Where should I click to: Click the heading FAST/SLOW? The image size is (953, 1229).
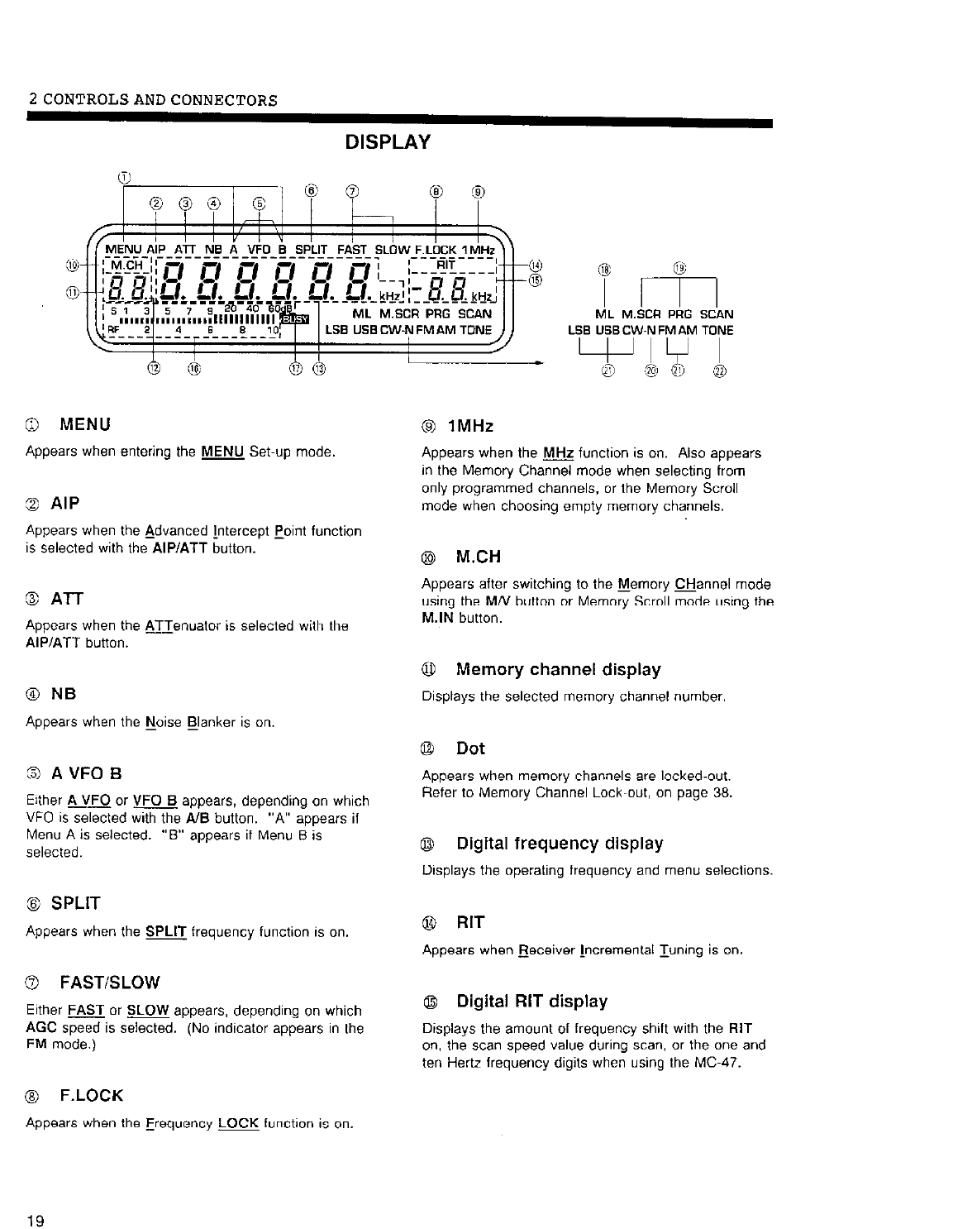(x=110, y=983)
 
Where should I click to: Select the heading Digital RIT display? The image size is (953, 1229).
(x=531, y=1002)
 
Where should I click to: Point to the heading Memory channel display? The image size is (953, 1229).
(x=558, y=669)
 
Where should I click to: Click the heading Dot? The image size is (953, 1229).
(x=470, y=748)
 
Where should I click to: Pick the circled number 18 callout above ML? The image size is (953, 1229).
(x=606, y=270)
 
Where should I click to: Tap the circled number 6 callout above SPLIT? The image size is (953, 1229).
(x=311, y=190)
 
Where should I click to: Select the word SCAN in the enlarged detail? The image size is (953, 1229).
(x=717, y=314)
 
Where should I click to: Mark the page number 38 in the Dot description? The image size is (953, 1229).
(x=723, y=792)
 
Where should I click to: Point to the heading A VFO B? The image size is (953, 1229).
(x=87, y=774)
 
